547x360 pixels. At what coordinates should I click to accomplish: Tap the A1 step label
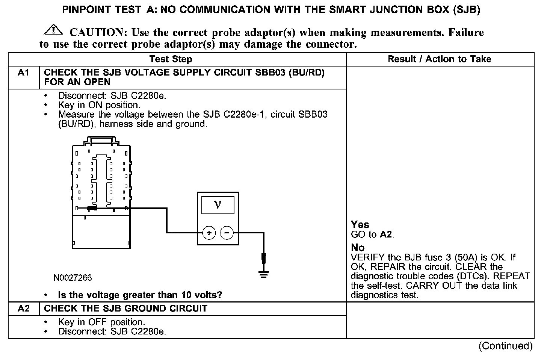tap(23, 73)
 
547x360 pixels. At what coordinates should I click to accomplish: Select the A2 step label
tap(23, 309)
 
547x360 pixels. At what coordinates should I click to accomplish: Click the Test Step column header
tap(171, 59)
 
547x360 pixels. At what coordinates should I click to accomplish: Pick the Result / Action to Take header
tap(439, 59)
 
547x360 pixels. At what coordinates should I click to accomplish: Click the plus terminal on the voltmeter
tap(209, 233)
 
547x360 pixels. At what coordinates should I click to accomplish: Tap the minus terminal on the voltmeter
tap(226, 233)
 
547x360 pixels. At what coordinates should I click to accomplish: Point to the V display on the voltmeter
tap(218, 205)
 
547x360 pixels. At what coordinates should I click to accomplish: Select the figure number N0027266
tap(73, 278)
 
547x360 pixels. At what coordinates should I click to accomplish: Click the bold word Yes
tap(360, 225)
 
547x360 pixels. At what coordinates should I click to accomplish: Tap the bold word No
tap(357, 248)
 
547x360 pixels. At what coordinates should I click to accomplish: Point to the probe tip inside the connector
tap(91, 208)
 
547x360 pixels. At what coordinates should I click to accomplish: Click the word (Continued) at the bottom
tap(505, 346)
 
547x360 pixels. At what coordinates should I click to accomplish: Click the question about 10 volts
tap(140, 295)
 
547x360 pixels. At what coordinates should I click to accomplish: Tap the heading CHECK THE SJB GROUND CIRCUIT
tap(125, 309)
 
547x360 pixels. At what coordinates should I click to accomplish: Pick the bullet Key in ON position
tap(99, 105)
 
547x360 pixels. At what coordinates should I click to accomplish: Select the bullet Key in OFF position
tap(101, 322)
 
